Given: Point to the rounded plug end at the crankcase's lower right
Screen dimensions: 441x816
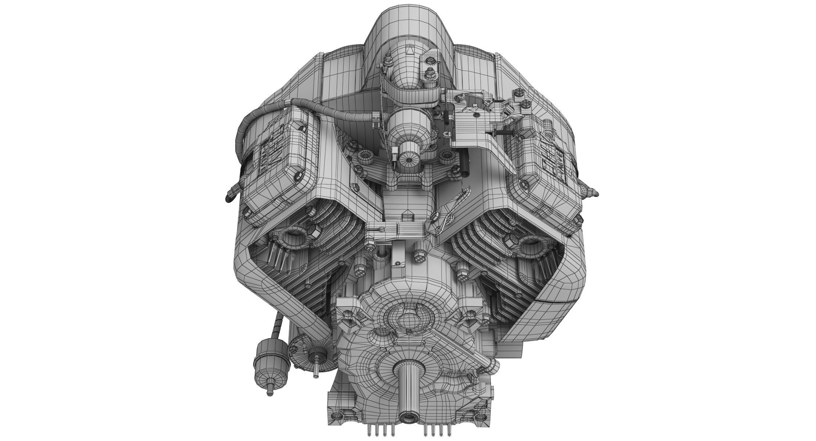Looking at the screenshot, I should click(x=493, y=367).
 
